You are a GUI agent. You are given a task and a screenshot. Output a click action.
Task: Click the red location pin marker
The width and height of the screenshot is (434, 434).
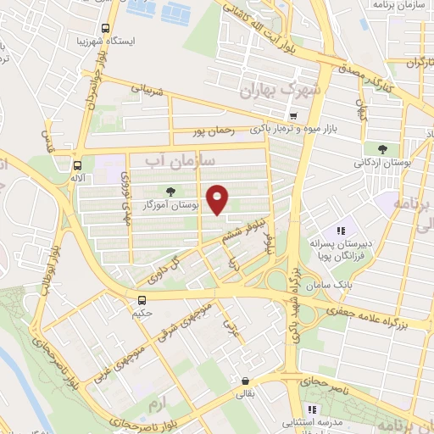219,199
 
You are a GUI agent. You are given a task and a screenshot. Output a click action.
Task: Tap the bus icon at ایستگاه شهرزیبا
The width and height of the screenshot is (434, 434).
106,26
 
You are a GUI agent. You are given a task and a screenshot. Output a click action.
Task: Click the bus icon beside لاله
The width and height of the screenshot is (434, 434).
78,166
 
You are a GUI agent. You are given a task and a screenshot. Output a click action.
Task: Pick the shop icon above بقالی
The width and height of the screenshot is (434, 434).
245,381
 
